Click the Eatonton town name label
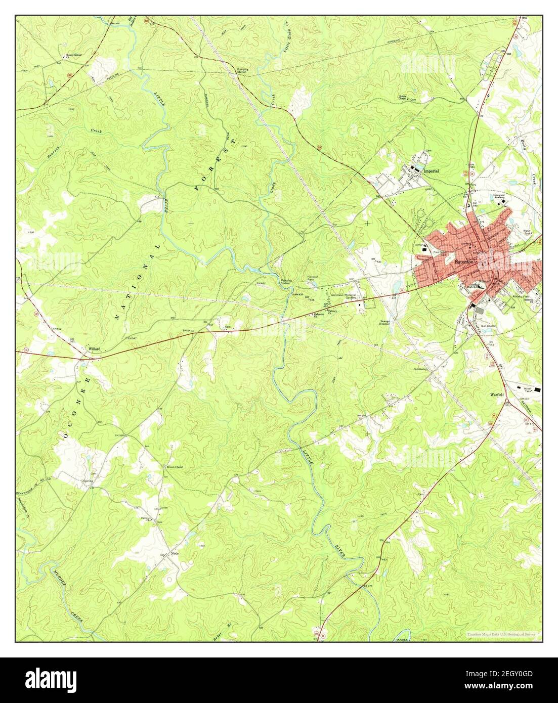[x=464, y=262]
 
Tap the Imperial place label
[x=432, y=171]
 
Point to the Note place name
[x=176, y=553]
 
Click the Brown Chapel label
[x=175, y=467]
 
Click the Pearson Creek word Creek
[x=96, y=131]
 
